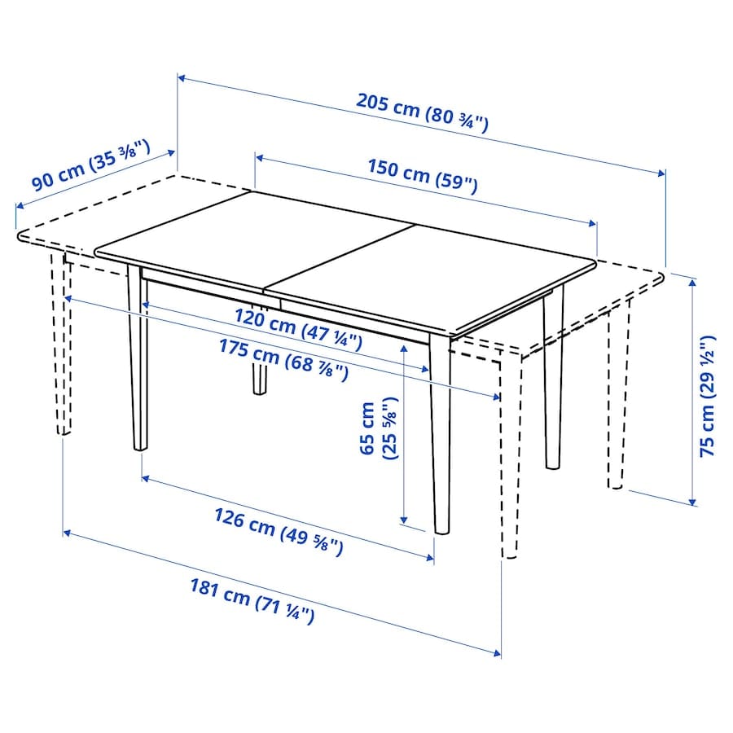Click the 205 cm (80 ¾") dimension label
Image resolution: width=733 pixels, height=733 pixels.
[x=422, y=112]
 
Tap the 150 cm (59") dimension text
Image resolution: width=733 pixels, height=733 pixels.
[x=423, y=176]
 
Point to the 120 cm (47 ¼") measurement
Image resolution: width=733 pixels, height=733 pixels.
[x=298, y=329]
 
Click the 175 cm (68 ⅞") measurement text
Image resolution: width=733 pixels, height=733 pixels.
[x=284, y=361]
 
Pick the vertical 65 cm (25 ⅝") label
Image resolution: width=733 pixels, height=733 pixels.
[x=378, y=428]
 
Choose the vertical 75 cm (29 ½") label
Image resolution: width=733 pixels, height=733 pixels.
[x=707, y=396]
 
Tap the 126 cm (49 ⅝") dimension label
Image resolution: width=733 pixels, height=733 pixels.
[x=279, y=532]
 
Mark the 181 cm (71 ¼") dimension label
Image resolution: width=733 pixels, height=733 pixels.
[x=252, y=601]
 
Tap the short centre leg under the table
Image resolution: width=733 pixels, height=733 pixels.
[x=260, y=374]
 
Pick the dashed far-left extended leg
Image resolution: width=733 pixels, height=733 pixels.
[x=61, y=344]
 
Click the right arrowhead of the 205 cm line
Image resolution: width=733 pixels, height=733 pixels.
[x=661, y=173]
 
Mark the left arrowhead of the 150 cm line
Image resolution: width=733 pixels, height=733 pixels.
[x=260, y=159]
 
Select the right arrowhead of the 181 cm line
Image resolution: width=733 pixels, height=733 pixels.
[x=497, y=653]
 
